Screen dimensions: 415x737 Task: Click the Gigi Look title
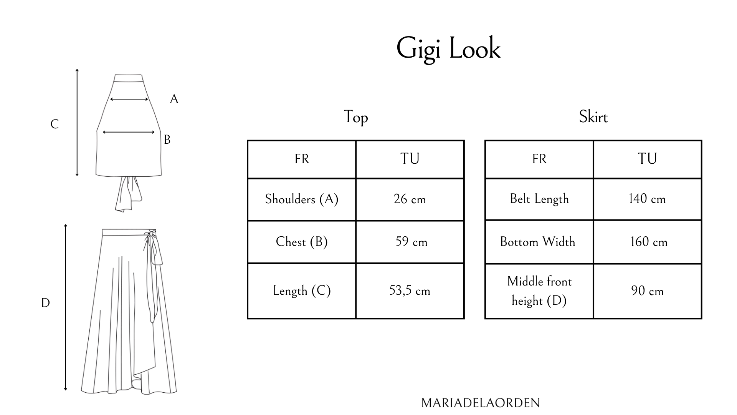[x=448, y=49]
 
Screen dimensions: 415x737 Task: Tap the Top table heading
[x=355, y=117]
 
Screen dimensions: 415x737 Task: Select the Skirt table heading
[x=593, y=117]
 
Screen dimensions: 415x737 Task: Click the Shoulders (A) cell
[x=302, y=199]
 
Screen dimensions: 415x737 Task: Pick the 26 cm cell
[x=410, y=199]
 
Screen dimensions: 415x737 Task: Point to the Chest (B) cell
[x=302, y=242]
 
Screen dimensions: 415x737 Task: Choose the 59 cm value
[x=411, y=242]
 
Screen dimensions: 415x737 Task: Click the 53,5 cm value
[x=410, y=290]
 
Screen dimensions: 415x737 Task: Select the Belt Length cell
[x=539, y=199]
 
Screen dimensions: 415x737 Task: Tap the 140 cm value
[x=647, y=199]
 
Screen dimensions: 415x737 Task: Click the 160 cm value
[x=649, y=242]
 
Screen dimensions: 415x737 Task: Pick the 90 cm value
[x=647, y=291]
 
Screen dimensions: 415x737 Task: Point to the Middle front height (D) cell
[x=539, y=291]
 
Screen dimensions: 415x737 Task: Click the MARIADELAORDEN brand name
[x=480, y=403]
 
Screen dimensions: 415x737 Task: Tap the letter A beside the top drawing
[x=174, y=99]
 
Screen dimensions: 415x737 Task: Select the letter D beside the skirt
[x=45, y=303]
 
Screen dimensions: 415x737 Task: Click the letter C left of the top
[x=55, y=124]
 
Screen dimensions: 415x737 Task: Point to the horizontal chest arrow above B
[x=129, y=132]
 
